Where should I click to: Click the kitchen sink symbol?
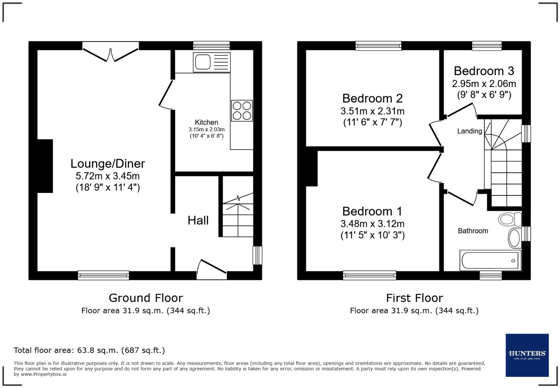(x=211, y=62)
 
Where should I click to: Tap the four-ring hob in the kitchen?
(x=242, y=111)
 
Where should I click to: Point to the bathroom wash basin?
(x=514, y=238)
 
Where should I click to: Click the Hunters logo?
(x=527, y=355)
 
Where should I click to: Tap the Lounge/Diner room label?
(x=107, y=163)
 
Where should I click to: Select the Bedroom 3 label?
(x=484, y=71)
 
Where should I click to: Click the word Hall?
(x=198, y=220)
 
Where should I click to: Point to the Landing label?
(x=469, y=131)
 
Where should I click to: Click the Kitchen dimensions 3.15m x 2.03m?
(x=206, y=130)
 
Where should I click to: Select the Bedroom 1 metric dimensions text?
(x=372, y=224)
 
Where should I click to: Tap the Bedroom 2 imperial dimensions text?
(x=372, y=122)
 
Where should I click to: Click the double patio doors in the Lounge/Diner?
(x=110, y=53)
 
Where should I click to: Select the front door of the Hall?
(x=211, y=270)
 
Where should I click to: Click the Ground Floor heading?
(x=146, y=298)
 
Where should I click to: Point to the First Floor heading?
(x=414, y=298)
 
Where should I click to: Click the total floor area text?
(x=89, y=350)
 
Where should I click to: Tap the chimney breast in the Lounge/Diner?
(x=45, y=166)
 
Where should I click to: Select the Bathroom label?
(x=473, y=231)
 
